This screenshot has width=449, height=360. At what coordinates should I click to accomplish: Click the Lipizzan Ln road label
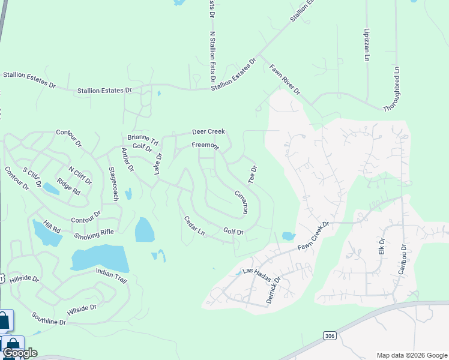[366, 44]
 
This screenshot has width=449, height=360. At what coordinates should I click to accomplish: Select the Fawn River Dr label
[285, 79]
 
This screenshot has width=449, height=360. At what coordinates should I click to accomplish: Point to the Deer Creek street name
[208, 131]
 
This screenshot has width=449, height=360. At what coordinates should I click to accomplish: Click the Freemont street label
[205, 146]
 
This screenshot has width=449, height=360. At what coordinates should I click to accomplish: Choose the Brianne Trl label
[143, 140]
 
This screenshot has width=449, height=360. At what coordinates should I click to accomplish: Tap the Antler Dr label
[127, 160]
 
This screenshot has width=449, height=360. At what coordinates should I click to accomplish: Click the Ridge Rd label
[68, 185]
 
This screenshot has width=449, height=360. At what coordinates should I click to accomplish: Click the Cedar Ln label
[194, 226]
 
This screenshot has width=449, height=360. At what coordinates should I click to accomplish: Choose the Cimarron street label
[241, 202]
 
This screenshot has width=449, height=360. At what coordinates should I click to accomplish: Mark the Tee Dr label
[253, 175]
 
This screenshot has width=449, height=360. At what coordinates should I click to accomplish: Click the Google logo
[20, 353]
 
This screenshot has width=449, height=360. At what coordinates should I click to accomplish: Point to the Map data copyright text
[411, 355]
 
